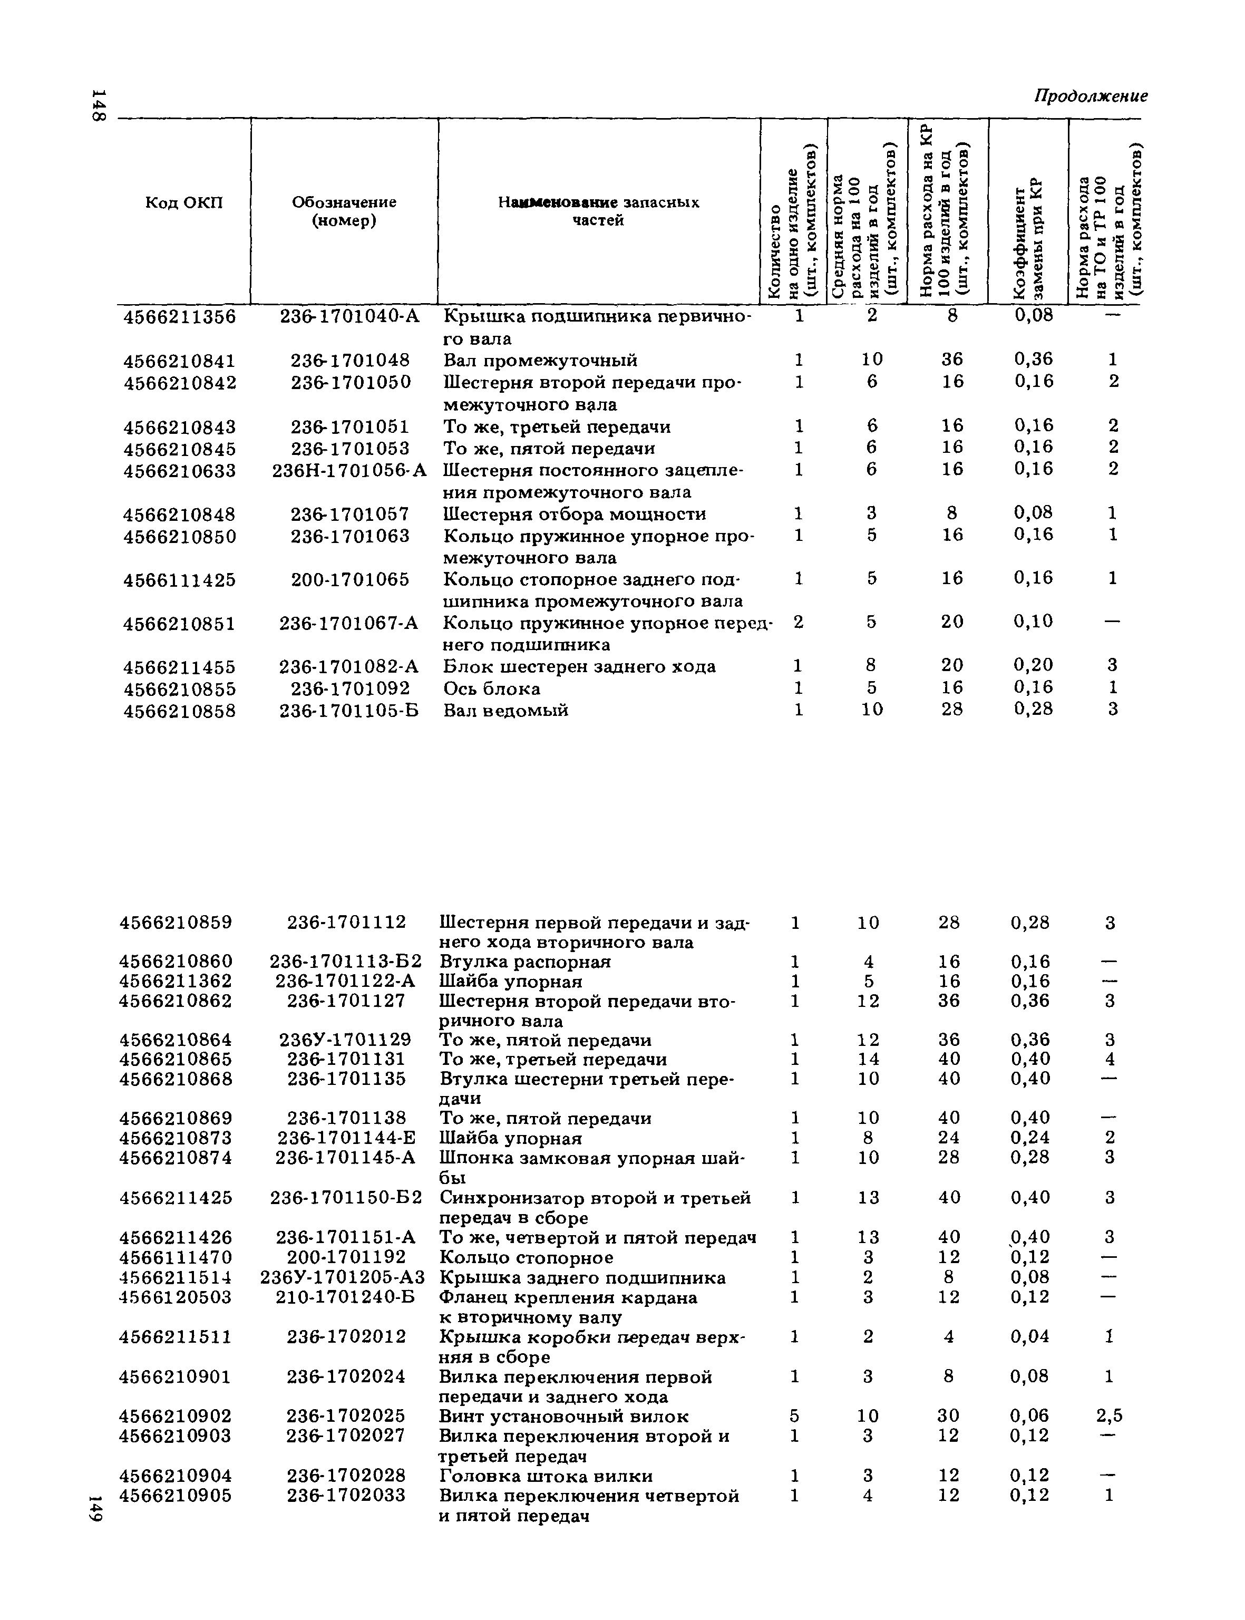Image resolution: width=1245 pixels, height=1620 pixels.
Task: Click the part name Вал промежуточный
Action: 540,361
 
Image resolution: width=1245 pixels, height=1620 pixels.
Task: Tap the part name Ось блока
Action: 492,688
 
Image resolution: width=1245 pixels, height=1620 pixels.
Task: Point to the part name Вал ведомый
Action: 506,710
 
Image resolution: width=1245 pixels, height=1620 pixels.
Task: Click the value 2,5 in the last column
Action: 1110,1416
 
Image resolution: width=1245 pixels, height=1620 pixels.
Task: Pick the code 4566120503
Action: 176,1297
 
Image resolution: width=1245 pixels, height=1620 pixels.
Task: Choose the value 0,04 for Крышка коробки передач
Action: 1030,1337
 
